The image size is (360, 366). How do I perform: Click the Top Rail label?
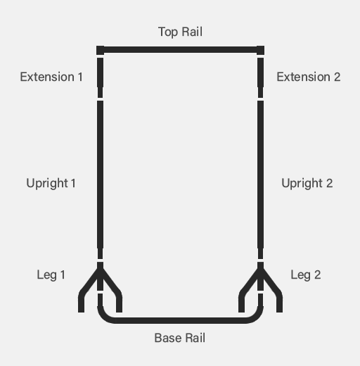tap(180, 32)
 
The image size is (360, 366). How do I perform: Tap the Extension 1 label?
tap(51, 77)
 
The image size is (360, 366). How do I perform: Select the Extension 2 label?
tap(309, 77)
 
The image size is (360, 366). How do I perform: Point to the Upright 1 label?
tap(51, 183)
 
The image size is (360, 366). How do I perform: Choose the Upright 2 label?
tap(307, 183)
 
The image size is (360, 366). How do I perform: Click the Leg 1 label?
tap(51, 275)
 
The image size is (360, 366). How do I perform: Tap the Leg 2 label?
tap(306, 275)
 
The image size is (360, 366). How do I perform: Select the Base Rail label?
tap(180, 338)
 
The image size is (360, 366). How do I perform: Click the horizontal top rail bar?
tap(180, 50)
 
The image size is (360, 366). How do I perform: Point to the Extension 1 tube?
tap(100, 77)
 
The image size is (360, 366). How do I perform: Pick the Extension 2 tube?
tap(260, 77)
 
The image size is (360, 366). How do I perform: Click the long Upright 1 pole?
tap(100, 179)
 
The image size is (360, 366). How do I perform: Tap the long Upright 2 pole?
tap(260, 179)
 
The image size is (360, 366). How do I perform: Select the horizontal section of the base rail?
tap(180, 320)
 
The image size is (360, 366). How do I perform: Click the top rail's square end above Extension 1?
tap(100, 50)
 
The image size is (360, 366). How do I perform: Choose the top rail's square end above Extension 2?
tap(260, 50)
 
